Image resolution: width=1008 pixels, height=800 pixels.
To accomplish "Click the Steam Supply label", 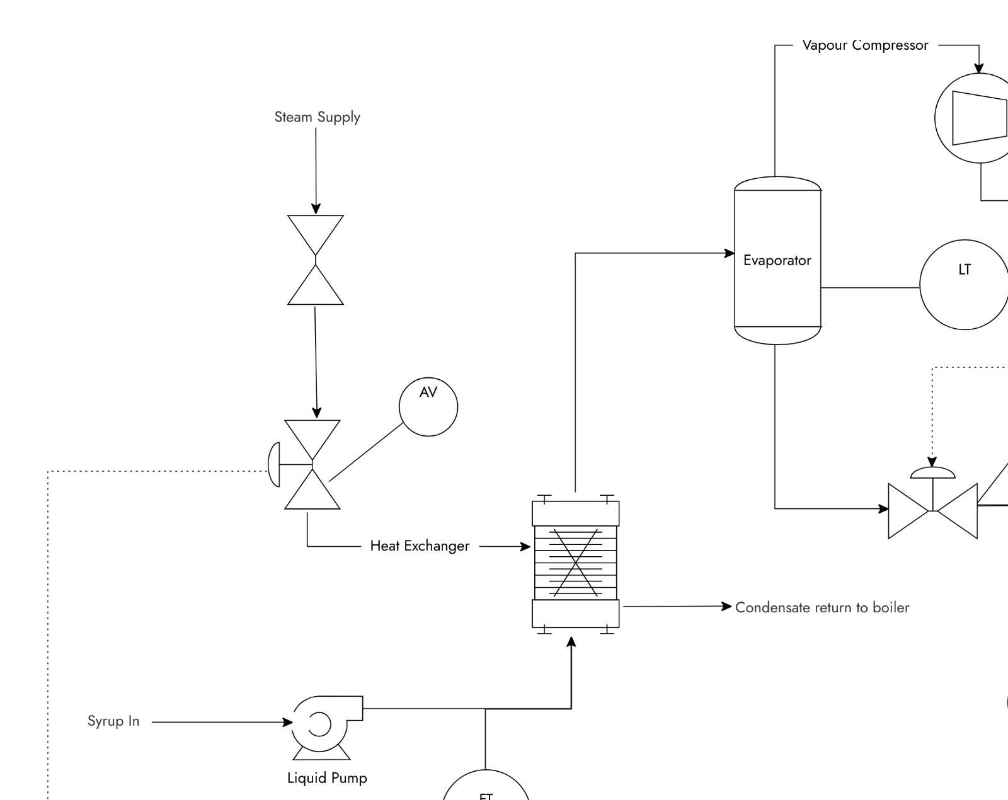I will tap(317, 117).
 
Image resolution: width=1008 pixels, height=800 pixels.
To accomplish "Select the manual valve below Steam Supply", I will tap(316, 260).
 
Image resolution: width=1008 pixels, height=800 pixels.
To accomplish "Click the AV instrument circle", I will tap(428, 407).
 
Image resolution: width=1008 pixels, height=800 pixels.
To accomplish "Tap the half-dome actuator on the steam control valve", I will tap(275, 465).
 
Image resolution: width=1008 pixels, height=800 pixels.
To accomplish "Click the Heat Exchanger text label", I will tap(420, 546).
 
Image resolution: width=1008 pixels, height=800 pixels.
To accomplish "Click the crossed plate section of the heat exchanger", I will tap(575, 562).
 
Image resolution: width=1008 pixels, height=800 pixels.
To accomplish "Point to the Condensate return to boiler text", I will tap(822, 608).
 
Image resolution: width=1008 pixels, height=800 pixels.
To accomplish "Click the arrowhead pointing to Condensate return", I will tap(726, 606).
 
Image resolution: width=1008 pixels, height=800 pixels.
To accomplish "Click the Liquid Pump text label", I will tap(327, 778).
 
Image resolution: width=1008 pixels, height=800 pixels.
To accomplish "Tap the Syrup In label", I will tap(113, 721).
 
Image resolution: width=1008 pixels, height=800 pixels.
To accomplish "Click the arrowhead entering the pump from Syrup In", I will tap(287, 722).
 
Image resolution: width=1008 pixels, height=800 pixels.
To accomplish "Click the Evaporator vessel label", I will tap(777, 261).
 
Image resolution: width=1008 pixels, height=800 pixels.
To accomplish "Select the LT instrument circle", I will tap(964, 285).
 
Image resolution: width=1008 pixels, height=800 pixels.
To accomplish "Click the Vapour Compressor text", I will tap(865, 45).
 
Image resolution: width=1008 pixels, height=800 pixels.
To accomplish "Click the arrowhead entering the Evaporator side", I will tap(730, 253).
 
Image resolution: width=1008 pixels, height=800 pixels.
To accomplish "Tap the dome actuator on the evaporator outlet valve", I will tap(932, 473).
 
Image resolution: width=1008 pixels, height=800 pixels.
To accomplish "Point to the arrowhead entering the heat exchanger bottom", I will tap(571, 642).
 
